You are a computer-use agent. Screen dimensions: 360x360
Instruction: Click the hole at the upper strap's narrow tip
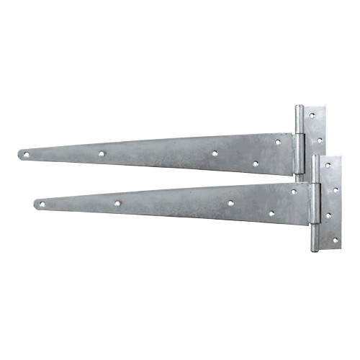pyautogui.click(x=25, y=153)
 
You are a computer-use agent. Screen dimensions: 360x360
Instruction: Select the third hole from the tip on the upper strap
pyautogui.click(x=215, y=153)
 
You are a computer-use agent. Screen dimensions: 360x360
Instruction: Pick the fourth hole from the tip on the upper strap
pyautogui.click(x=255, y=163)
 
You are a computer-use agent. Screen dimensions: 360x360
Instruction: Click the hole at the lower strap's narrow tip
pyautogui.click(x=41, y=204)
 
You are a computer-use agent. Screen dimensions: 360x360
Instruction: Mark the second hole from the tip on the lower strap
pyautogui.click(x=117, y=203)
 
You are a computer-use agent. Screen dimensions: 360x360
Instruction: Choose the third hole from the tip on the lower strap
pyautogui.click(x=230, y=203)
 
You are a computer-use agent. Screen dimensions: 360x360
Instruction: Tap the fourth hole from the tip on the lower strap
pyautogui.click(x=271, y=213)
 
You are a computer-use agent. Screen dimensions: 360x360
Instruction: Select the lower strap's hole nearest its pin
pyautogui.click(x=293, y=192)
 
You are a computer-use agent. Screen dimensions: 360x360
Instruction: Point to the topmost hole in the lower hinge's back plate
pyautogui.click(x=328, y=165)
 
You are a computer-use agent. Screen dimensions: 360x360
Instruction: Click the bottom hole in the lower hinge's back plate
pyautogui.click(x=333, y=238)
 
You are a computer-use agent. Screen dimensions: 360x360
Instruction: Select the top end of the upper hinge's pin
pyautogui.click(x=299, y=109)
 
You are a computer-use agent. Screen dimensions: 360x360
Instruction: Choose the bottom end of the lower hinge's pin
pyautogui.click(x=315, y=249)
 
